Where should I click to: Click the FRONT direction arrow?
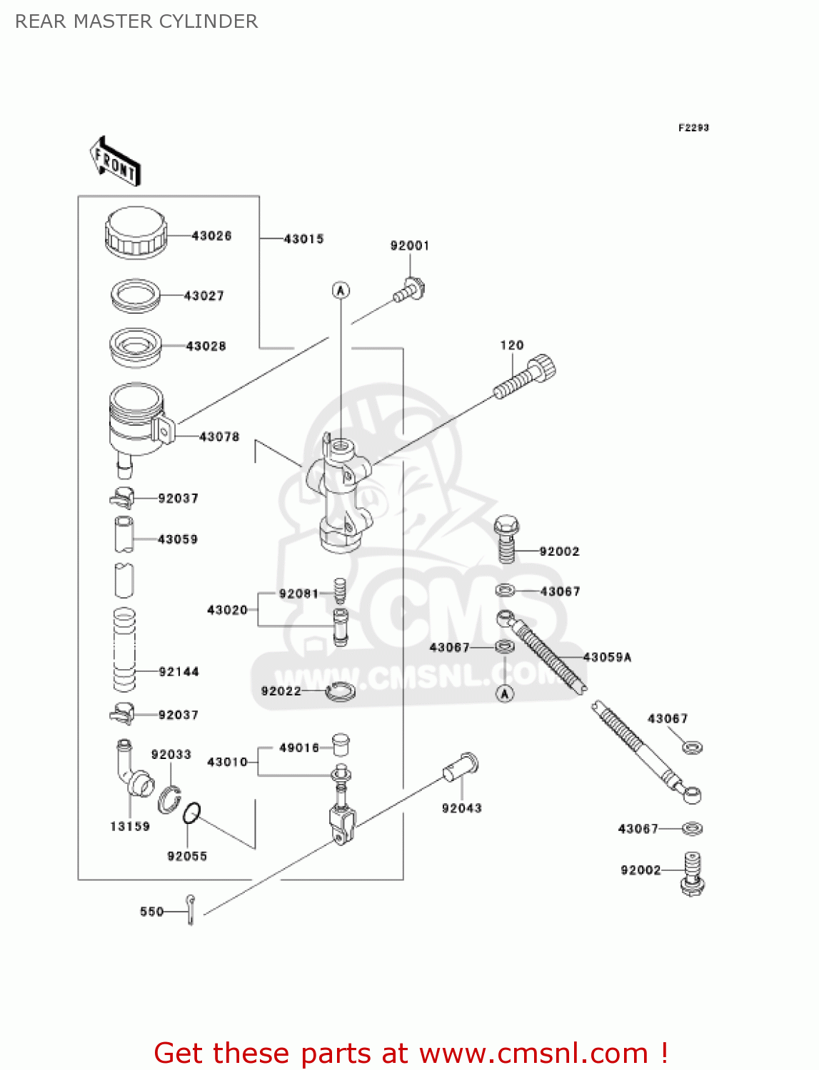(115, 160)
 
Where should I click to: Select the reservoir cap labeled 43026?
(136, 233)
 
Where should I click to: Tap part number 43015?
(304, 239)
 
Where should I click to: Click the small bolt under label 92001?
(409, 290)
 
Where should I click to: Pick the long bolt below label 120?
(525, 377)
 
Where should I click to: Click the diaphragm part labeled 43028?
(136, 347)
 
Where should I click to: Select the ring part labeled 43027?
(136, 296)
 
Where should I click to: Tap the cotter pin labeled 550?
(191, 909)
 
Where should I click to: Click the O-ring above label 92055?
(191, 813)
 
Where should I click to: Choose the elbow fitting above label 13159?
(135, 769)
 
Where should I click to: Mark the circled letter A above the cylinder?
(341, 290)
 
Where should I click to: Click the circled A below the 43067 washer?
(505, 693)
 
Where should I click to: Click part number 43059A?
(608, 657)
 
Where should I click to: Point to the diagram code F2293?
(693, 128)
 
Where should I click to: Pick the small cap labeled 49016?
(341, 745)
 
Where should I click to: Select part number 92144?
(179, 672)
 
